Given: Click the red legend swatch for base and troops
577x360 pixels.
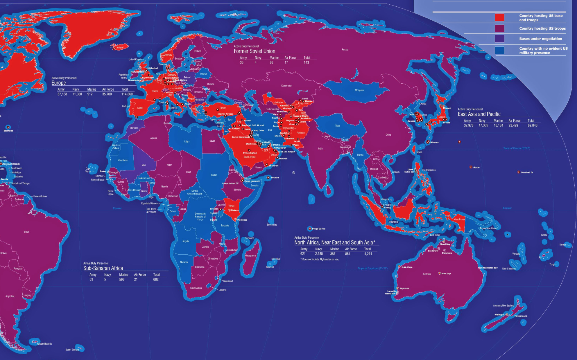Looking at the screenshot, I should (499, 17).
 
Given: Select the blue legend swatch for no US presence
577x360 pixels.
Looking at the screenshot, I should (499, 51).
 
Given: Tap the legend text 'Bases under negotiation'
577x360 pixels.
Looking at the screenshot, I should (540, 39).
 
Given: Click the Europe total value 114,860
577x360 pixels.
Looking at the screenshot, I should (127, 94).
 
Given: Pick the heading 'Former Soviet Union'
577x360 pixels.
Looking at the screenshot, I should (254, 51).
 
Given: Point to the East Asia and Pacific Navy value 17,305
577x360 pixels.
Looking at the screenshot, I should (483, 125).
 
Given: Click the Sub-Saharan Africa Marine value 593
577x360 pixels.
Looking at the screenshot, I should (122, 280).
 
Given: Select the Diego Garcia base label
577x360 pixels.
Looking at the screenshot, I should (318, 229).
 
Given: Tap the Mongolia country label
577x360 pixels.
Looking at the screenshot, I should (359, 90).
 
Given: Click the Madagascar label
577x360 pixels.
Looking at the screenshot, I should (250, 256).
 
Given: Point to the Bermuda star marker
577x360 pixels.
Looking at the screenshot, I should (8, 127).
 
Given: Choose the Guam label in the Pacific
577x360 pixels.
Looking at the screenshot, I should (476, 168).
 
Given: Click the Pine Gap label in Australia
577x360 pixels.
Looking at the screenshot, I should (446, 273).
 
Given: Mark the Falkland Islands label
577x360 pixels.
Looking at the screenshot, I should (44, 344).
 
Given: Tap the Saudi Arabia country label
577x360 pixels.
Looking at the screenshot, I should (249, 157).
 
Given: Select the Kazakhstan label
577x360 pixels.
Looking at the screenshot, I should (286, 86).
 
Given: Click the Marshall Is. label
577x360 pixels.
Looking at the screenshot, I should (527, 172).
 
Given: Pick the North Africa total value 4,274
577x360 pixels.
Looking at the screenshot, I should (368, 254).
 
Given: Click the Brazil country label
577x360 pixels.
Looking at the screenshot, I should (26, 232).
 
